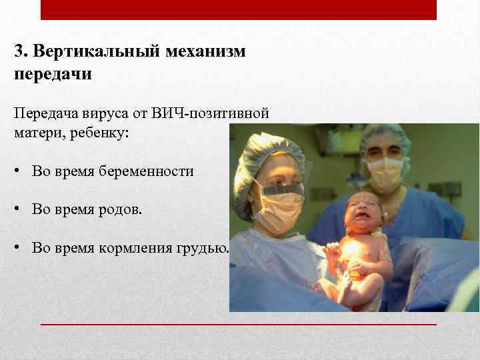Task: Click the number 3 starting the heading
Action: [18, 51]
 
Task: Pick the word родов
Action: [124, 210]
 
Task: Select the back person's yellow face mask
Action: [385, 173]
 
